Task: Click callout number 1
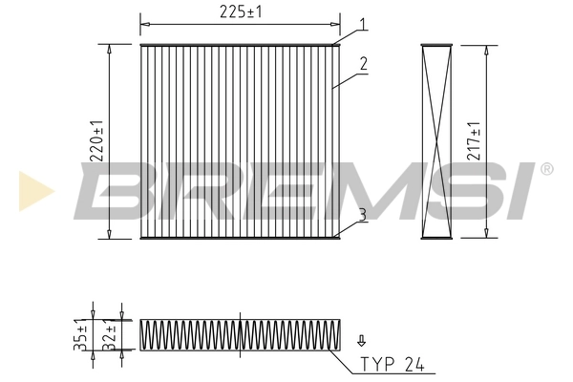363,23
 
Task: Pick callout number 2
364,65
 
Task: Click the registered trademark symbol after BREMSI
546,169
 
